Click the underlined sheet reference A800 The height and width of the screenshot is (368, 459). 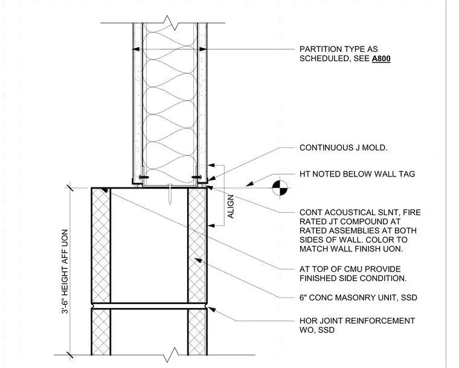coord(381,59)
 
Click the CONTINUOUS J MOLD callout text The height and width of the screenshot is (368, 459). coord(343,147)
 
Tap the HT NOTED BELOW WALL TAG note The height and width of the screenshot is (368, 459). coord(357,174)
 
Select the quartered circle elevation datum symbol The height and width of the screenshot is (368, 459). coord(280,188)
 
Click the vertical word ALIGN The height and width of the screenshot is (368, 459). coord(231,207)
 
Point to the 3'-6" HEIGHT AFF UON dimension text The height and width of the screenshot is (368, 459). coord(65,271)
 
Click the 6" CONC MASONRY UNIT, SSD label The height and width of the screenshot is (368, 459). coord(358,298)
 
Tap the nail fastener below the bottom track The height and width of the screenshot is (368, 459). coord(170,194)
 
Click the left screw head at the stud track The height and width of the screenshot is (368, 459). coord(144,177)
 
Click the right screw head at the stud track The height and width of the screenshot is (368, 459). coord(196,177)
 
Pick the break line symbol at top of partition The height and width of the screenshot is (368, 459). coord(170,23)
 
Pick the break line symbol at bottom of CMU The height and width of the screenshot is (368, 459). coord(170,355)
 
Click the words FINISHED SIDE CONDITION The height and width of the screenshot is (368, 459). coord(353,279)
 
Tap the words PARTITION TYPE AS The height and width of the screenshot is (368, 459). coord(339,49)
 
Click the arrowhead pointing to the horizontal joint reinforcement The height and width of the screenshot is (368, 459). coord(211,309)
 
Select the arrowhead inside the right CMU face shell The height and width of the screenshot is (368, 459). coord(199,260)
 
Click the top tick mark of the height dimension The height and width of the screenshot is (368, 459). coord(70,187)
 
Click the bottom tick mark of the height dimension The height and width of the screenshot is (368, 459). coord(70,355)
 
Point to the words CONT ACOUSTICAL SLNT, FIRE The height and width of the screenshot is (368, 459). coord(360,213)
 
